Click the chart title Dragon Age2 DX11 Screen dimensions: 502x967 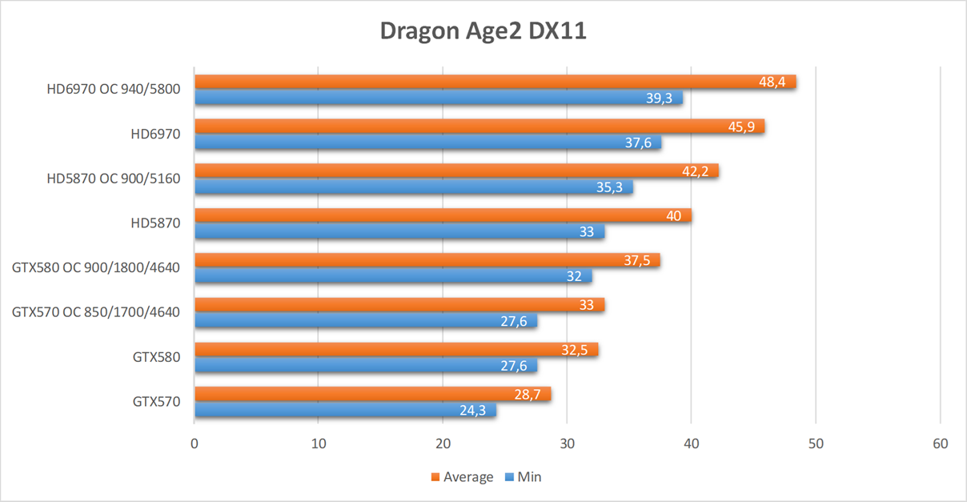(483, 31)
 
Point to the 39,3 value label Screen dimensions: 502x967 (660, 98)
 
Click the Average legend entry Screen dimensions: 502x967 (462, 477)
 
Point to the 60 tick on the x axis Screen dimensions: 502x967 (940, 444)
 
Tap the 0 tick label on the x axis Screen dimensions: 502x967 (195, 444)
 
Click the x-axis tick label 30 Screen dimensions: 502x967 (567, 444)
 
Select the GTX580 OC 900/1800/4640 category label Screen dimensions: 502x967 (96, 267)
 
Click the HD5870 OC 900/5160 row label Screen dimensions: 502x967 (114, 179)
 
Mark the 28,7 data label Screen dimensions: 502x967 (528, 394)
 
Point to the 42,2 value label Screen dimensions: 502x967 (696, 171)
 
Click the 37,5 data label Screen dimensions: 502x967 (637, 260)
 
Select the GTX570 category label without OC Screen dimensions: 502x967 (156, 401)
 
